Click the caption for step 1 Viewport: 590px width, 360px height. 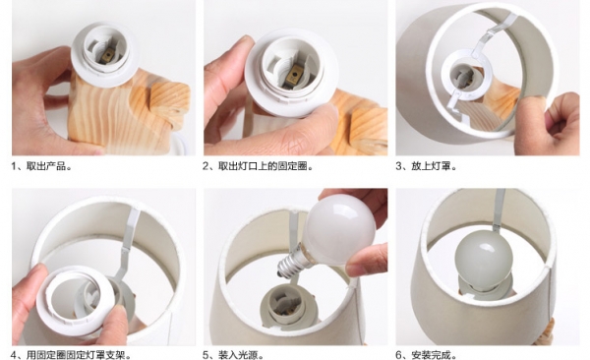[41, 166]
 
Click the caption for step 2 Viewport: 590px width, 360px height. [258, 166]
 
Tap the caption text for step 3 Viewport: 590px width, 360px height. [427, 166]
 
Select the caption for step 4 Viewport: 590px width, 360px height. [71, 355]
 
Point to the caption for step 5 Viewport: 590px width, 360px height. [234, 355]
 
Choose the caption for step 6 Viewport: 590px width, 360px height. [427, 355]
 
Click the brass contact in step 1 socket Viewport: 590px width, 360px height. [108, 55]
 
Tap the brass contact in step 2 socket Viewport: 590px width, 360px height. [294, 75]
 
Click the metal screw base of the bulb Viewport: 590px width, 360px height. [292, 262]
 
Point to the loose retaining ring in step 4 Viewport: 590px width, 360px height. [80, 296]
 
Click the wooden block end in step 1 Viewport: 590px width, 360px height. [168, 101]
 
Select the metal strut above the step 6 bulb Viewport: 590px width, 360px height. [500, 210]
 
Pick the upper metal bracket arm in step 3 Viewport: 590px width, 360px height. [489, 36]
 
